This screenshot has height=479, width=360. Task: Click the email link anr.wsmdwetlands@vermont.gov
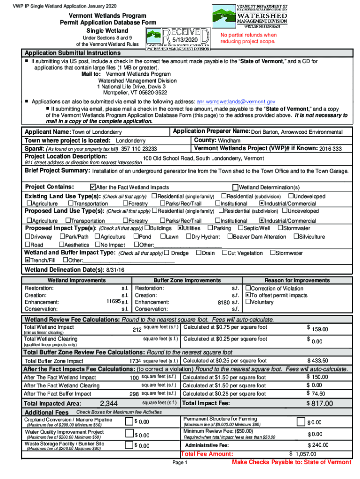tap(236, 102)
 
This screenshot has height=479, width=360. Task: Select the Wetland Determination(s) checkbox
tap(235, 188)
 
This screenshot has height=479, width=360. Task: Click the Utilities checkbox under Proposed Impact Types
tap(180, 228)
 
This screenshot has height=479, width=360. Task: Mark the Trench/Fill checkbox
tap(28, 260)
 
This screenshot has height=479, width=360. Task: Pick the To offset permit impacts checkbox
tap(248, 296)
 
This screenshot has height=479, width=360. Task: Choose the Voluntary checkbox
tap(248, 303)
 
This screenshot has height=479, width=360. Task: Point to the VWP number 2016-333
tap(331, 149)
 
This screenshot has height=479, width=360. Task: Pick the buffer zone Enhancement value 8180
tap(224, 303)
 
